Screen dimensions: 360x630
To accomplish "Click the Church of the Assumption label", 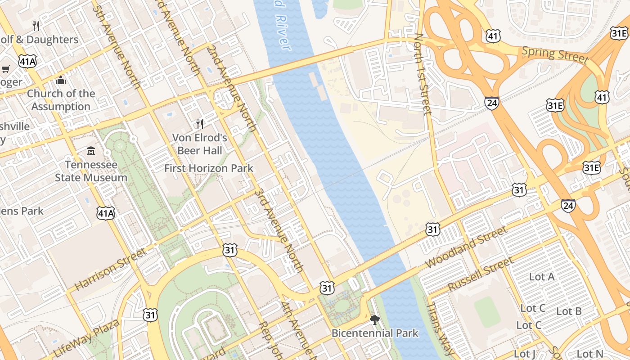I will click(x=61, y=100).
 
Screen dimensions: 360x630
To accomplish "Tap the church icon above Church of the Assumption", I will click(x=61, y=81).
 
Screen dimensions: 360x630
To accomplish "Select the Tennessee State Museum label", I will click(x=91, y=171).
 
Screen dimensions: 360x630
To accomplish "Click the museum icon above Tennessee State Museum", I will click(x=91, y=151).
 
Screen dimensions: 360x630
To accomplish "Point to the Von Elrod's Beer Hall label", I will click(x=200, y=144).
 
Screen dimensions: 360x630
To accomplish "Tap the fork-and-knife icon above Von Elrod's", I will click(x=200, y=124).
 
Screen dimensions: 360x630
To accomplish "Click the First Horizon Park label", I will click(x=209, y=168).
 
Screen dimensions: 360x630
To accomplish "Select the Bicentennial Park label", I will click(x=375, y=333).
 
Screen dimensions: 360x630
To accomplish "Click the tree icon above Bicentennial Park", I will click(x=374, y=320).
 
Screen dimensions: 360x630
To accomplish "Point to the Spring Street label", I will click(x=555, y=54).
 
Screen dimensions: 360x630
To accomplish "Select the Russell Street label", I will click(x=480, y=274).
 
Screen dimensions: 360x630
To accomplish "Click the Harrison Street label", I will click(x=110, y=269).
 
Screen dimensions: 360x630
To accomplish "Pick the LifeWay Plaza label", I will click(x=87, y=338).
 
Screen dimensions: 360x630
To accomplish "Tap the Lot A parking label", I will click(x=542, y=277).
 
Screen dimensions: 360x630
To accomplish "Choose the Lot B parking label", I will click(x=569, y=311).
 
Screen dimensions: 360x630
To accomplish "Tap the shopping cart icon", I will click(x=6, y=69).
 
